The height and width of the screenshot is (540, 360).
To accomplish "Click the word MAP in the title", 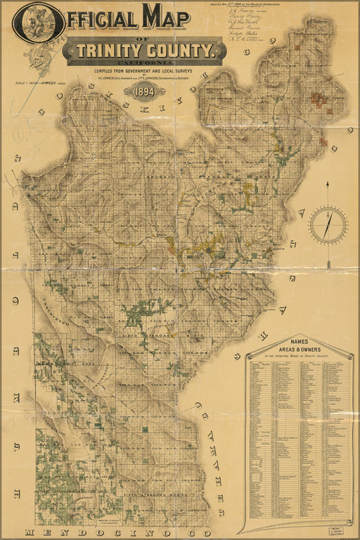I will [167, 17].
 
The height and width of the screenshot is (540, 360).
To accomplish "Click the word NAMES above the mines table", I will [300, 341].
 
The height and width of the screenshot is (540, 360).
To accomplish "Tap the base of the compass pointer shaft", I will [328, 266].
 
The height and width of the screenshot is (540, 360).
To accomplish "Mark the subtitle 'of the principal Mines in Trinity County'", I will [300, 356].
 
